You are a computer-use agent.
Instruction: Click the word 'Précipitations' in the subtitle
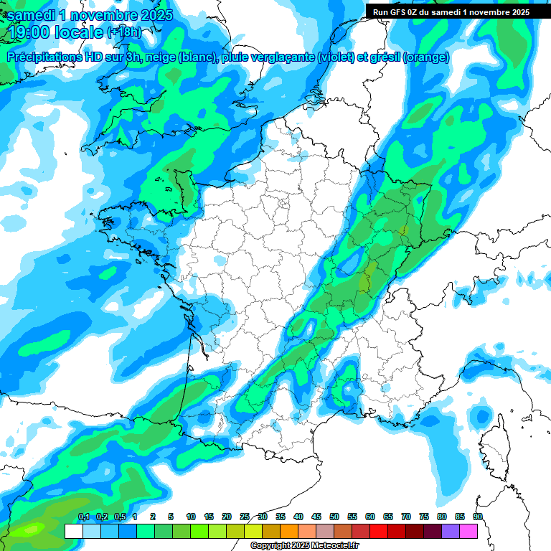42,57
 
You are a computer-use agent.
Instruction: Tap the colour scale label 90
477,517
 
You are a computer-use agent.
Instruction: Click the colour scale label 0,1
84,517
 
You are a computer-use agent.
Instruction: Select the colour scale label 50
334,517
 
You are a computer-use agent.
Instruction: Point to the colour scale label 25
245,517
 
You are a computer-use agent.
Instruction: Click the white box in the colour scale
73,531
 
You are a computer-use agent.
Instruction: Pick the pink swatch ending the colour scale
468,531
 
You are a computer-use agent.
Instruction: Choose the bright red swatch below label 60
379,531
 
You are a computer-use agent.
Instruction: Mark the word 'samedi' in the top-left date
32,15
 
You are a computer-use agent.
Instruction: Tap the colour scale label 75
423,517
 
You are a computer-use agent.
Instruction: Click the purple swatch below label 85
451,531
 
